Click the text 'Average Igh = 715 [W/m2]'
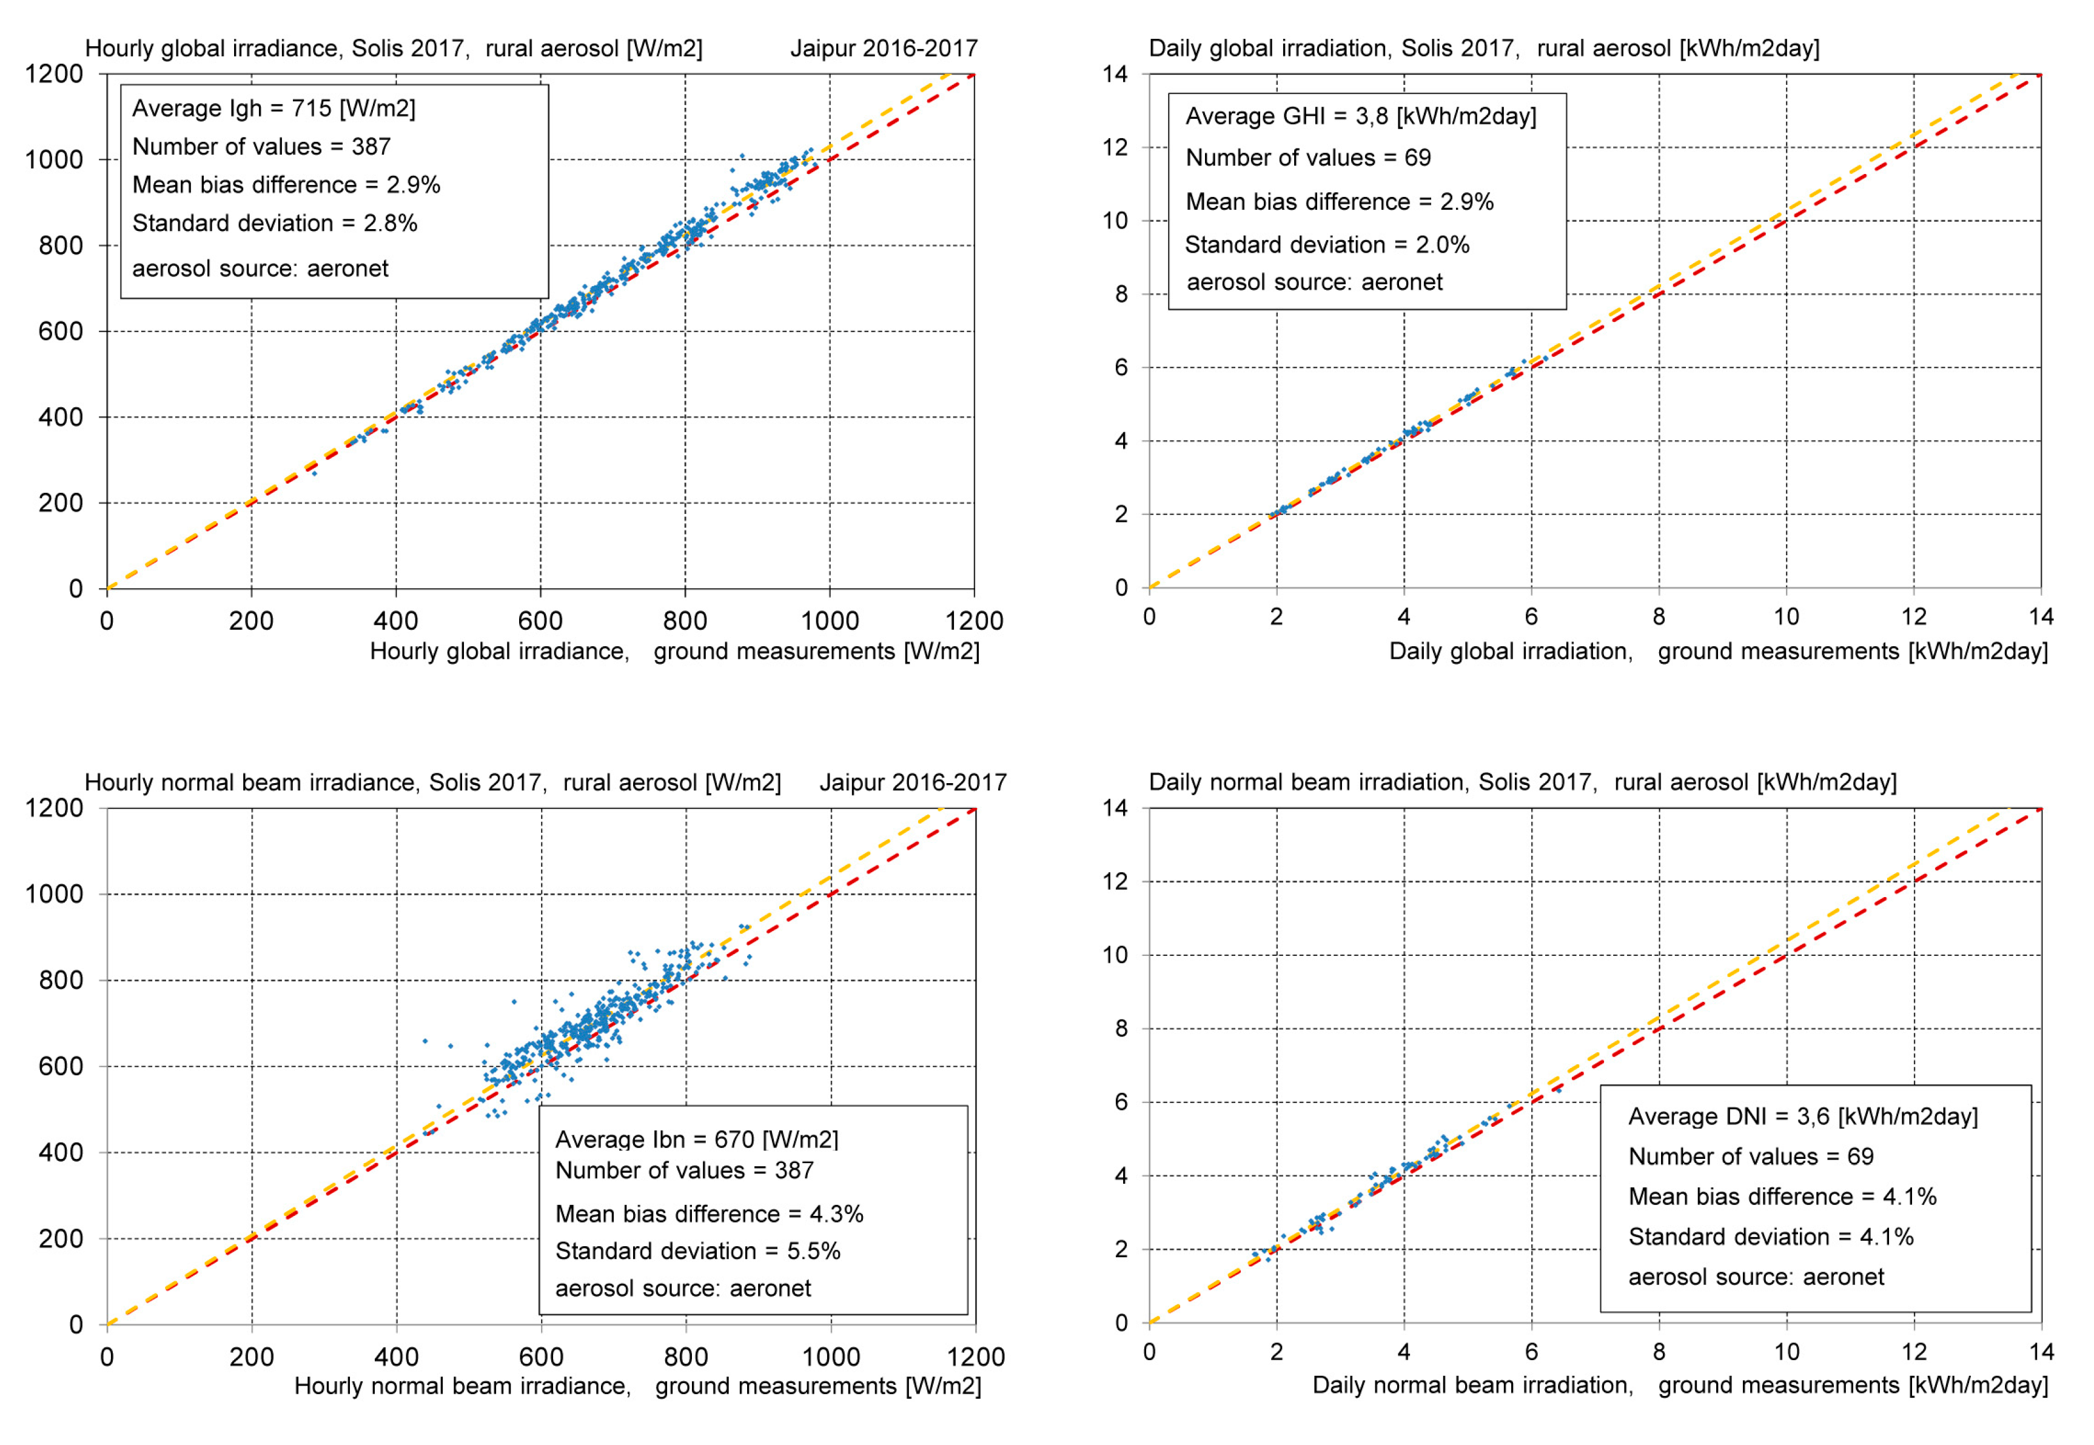click(273, 108)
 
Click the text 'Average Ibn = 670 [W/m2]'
click(697, 1139)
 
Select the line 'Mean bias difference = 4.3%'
click(709, 1214)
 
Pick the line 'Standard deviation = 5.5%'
click(697, 1251)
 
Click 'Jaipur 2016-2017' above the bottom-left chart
click(913, 783)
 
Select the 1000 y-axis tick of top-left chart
click(55, 160)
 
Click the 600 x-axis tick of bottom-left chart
click(542, 1357)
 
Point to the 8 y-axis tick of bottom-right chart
click(1121, 1029)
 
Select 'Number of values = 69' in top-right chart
click(1308, 158)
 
